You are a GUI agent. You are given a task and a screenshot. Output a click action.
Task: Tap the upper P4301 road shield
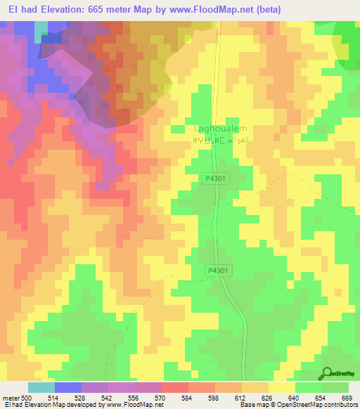(x=216, y=179)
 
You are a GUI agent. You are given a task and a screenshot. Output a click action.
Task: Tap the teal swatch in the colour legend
(x=41, y=387)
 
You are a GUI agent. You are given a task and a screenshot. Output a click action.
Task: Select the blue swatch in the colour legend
(x=67, y=387)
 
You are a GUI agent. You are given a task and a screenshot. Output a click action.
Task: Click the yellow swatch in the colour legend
(x=281, y=387)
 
